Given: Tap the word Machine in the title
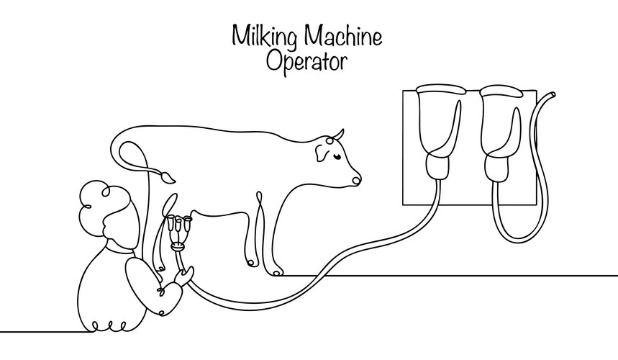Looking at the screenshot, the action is (x=343, y=35).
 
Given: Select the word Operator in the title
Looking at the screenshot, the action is (x=306, y=61).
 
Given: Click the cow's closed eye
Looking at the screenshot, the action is (x=337, y=156).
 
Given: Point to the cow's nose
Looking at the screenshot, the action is (x=356, y=181).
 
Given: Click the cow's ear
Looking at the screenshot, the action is (x=321, y=153).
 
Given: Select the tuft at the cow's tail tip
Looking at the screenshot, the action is (x=168, y=176).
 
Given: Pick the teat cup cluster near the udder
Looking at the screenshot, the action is (x=178, y=233).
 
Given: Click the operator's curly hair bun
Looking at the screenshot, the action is (x=104, y=199).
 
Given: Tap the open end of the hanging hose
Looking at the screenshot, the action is (x=553, y=94).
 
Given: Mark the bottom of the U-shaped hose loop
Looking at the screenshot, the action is (x=519, y=240).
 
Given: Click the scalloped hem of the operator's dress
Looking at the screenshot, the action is (x=109, y=326).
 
